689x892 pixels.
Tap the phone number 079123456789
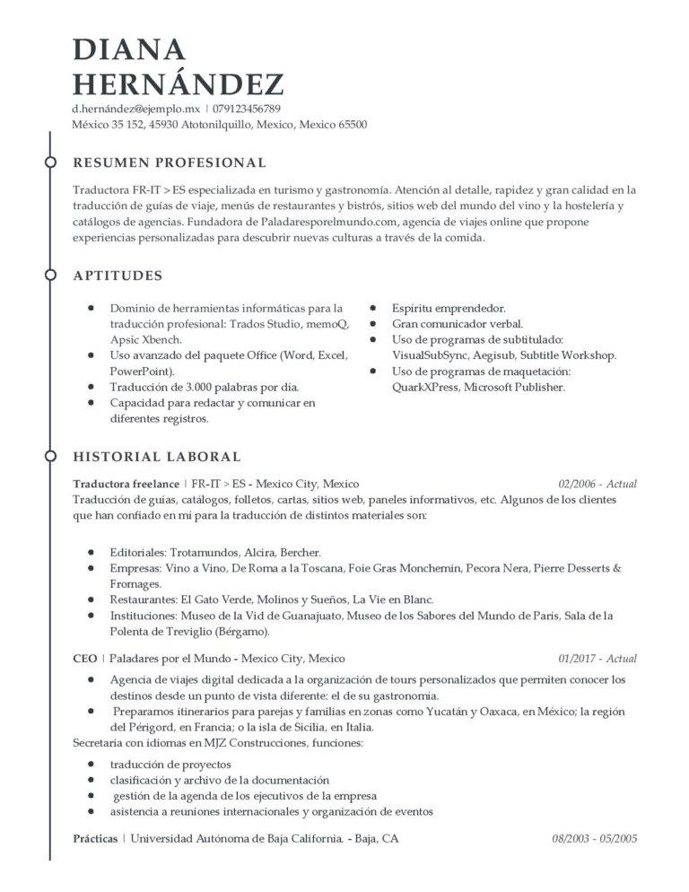click(x=253, y=109)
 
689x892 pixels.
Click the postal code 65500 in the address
click(x=352, y=125)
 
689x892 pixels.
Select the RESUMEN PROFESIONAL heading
click(x=170, y=162)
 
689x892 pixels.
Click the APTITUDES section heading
click(x=118, y=275)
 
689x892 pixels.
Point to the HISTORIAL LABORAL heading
click(x=157, y=457)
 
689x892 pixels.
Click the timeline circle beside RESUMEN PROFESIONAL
click(x=50, y=162)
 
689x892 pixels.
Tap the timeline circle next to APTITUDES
click(x=50, y=275)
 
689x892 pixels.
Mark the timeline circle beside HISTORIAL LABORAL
click(x=50, y=457)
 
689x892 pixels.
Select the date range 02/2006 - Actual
click(x=597, y=484)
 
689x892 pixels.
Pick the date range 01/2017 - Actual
click(x=597, y=659)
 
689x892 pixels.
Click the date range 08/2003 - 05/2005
click(x=594, y=839)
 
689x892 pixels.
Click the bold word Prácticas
click(x=95, y=839)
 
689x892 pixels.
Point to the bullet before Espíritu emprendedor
click(x=373, y=307)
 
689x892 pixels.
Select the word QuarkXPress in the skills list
click(x=426, y=388)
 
